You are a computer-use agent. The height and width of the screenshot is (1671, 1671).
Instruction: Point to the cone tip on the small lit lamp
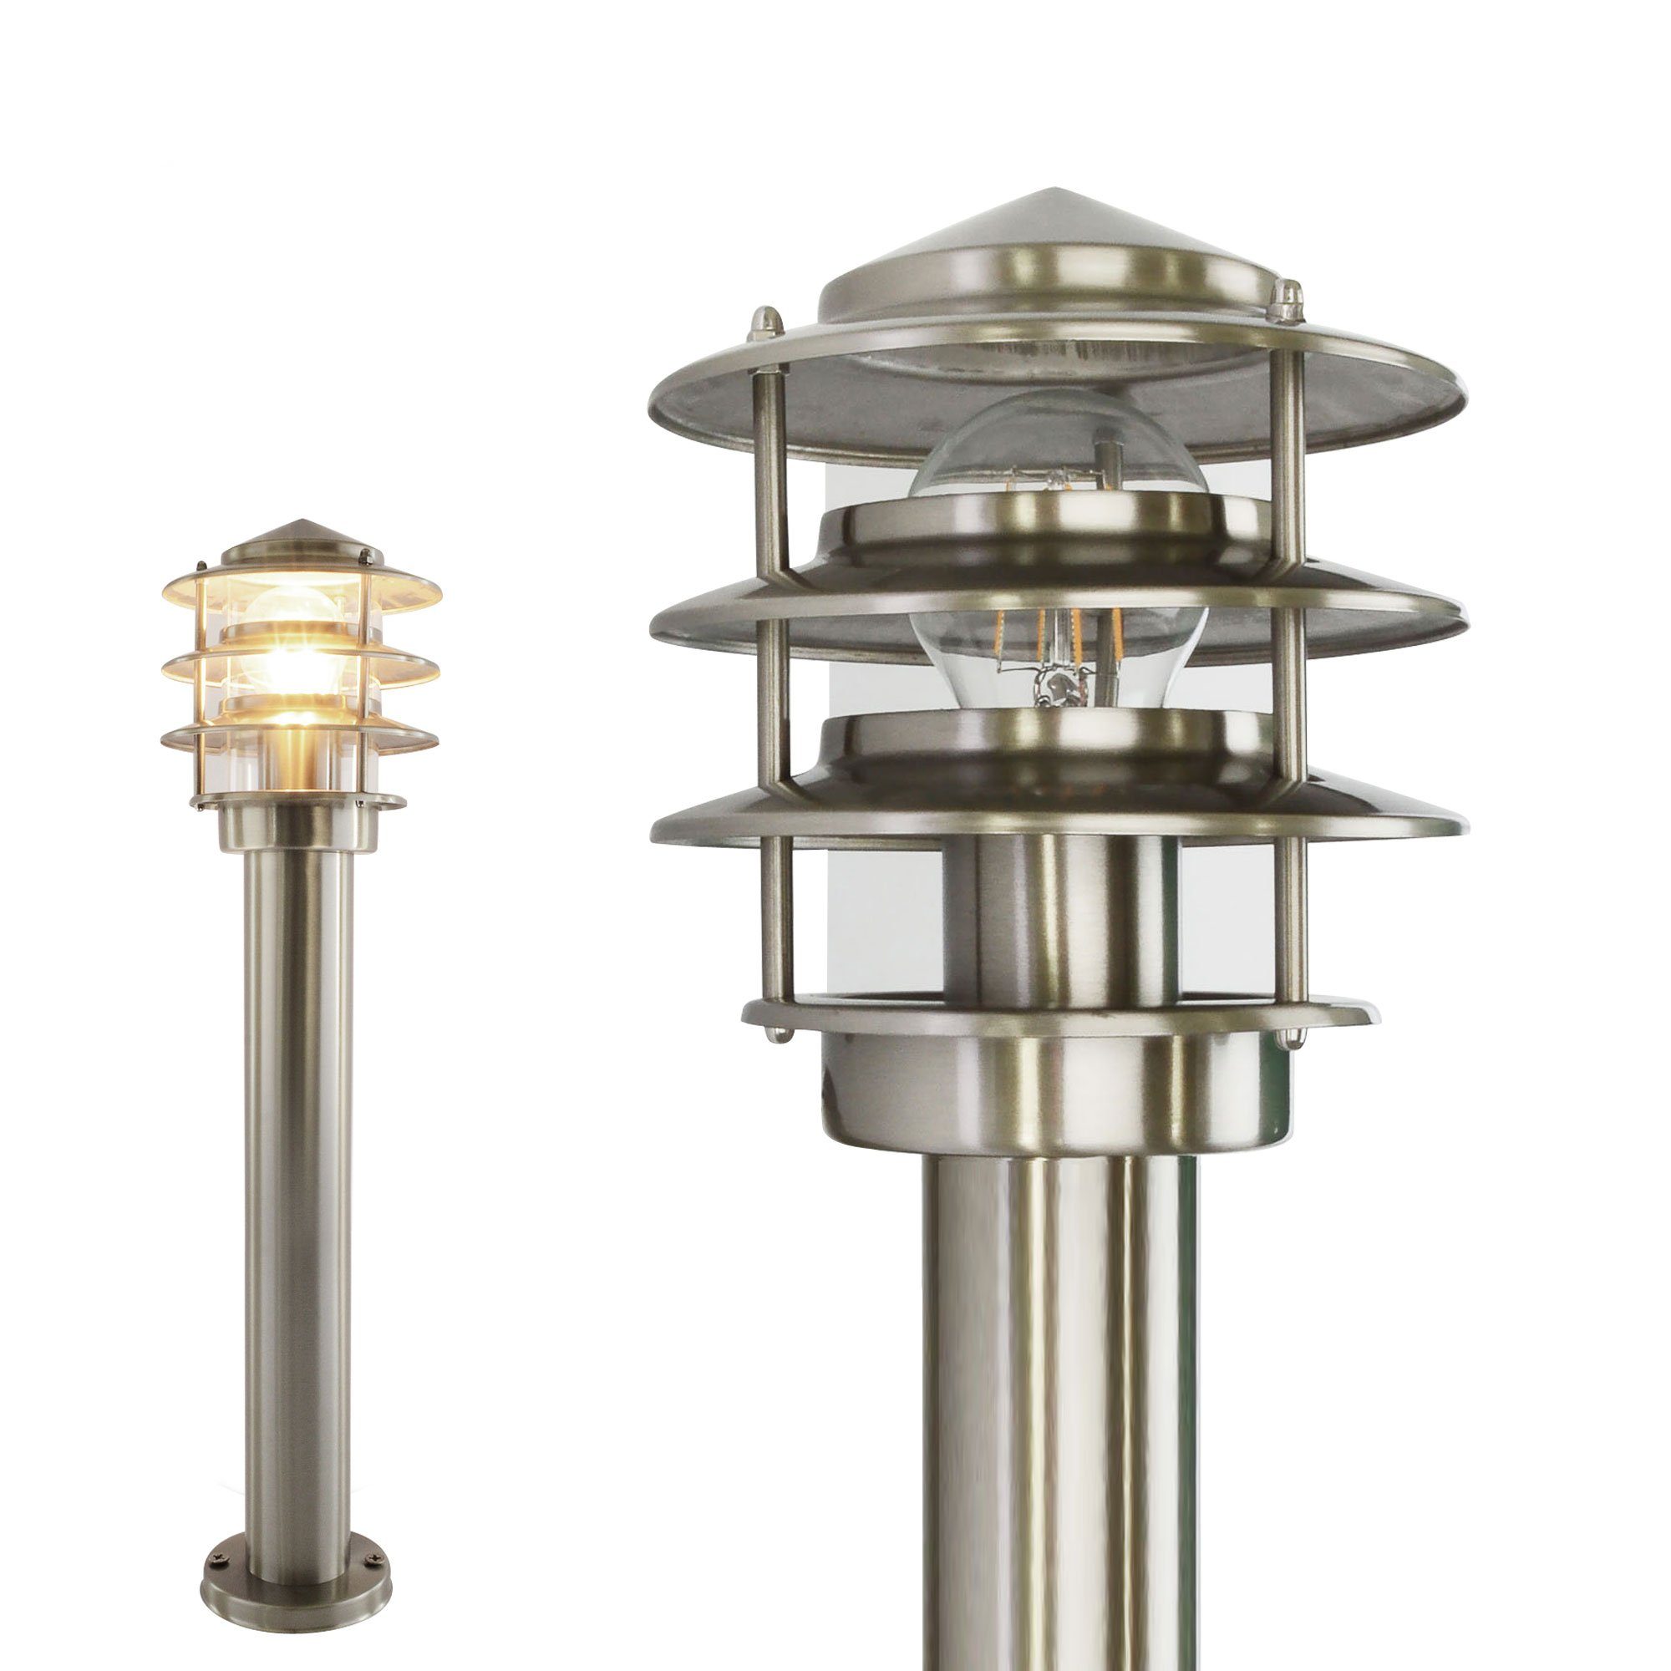tap(303, 522)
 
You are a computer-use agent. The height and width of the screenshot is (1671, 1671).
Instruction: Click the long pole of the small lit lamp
tap(303, 1081)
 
